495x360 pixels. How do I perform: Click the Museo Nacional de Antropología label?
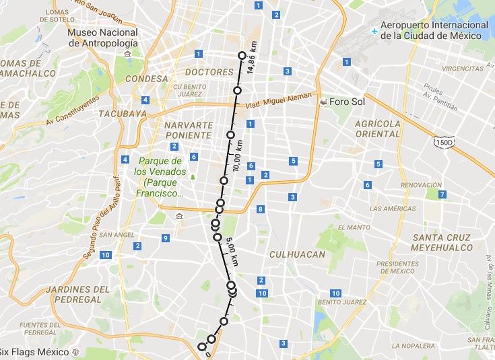coord(103,38)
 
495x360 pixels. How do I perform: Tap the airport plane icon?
coord(374,30)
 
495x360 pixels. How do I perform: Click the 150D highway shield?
coord(443,142)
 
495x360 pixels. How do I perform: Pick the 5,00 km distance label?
coord(233,250)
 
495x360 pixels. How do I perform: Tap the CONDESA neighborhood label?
coord(141,79)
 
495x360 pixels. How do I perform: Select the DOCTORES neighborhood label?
coord(209,72)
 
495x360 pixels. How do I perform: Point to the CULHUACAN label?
coord(297,254)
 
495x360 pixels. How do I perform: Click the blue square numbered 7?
coord(442,194)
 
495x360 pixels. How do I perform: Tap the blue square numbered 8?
coord(261,210)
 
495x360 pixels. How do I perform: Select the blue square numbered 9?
coord(165,238)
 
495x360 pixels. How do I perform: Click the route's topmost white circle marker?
coord(242,55)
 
